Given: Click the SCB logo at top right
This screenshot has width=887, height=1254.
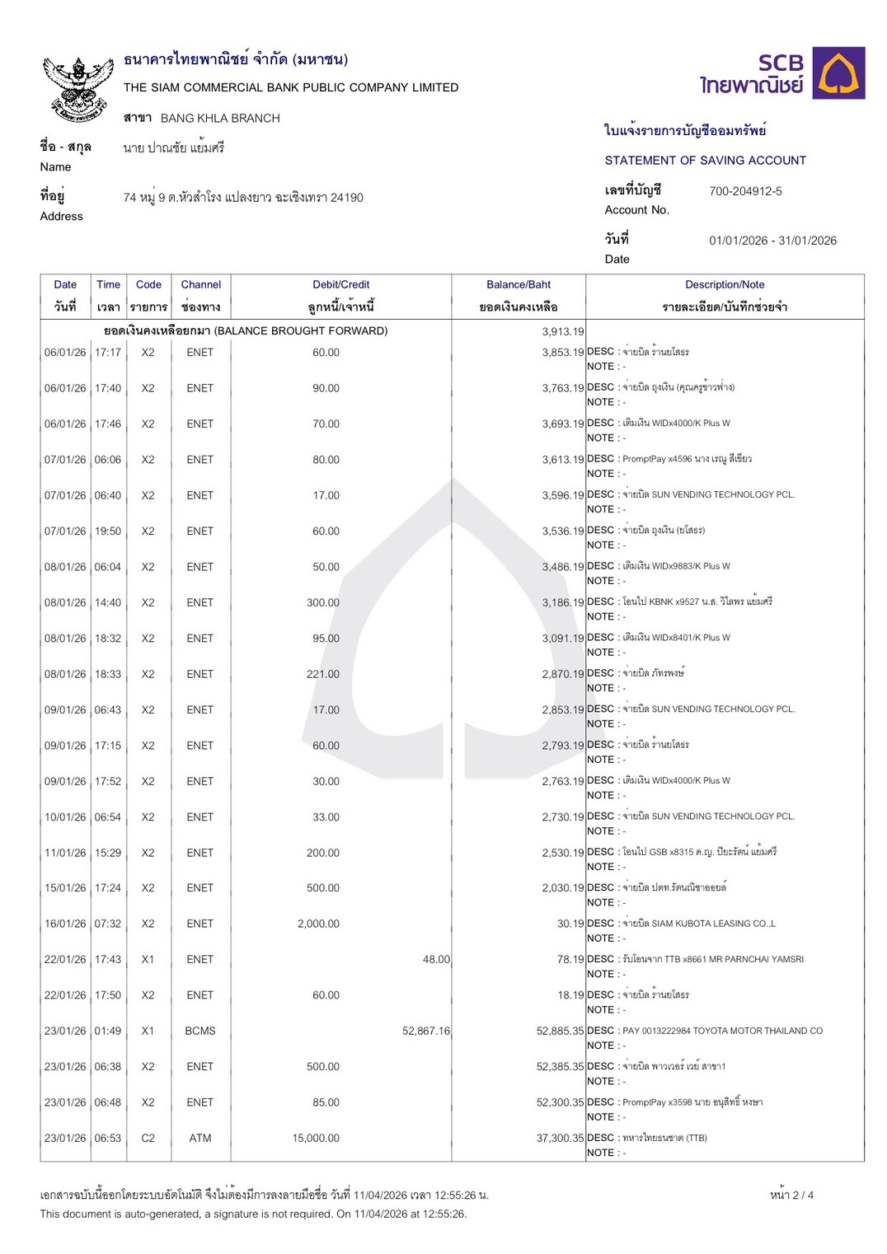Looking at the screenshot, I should pyautogui.click(x=781, y=74).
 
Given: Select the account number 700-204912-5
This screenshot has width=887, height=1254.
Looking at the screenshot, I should pyautogui.click(x=745, y=191).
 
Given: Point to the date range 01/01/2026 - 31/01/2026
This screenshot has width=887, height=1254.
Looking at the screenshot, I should pyautogui.click(x=772, y=241).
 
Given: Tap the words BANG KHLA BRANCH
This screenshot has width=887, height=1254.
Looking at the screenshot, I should pyautogui.click(x=220, y=119).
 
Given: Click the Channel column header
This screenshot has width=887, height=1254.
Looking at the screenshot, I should pyautogui.click(x=201, y=285).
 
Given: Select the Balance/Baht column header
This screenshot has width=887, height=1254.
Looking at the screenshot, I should pyautogui.click(x=519, y=285).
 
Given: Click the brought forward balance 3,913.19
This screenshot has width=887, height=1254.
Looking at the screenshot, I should pyautogui.click(x=563, y=332).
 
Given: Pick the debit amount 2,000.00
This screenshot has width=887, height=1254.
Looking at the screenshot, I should pyautogui.click(x=318, y=924).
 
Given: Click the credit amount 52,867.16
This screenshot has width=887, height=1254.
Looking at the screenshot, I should pyautogui.click(x=426, y=1031).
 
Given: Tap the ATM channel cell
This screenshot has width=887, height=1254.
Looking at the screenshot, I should pyautogui.click(x=200, y=1138).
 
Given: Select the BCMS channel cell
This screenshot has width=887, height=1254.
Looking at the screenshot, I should pyautogui.click(x=200, y=1031).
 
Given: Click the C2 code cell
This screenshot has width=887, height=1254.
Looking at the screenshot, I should pyautogui.click(x=148, y=1138).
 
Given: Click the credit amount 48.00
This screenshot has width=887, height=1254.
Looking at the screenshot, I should pyautogui.click(x=436, y=960).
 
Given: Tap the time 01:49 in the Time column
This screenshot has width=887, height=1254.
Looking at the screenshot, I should pyautogui.click(x=108, y=1031).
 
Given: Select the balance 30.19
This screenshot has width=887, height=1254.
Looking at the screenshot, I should pyautogui.click(x=570, y=924).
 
